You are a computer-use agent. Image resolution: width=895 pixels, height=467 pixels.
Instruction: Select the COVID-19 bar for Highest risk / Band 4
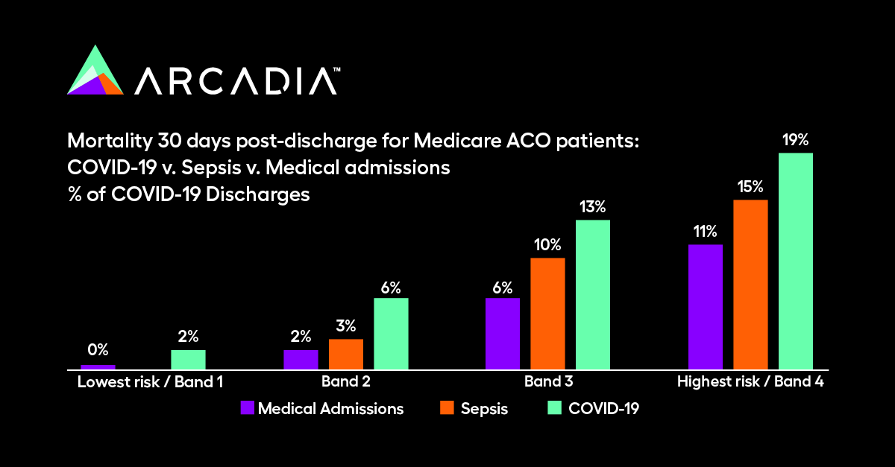(x=795, y=261)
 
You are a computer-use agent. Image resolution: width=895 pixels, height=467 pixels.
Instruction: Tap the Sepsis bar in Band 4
(x=750, y=284)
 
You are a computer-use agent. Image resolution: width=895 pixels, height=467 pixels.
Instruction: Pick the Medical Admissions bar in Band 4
(x=705, y=306)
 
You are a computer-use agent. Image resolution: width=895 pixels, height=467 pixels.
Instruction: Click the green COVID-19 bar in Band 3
(x=592, y=294)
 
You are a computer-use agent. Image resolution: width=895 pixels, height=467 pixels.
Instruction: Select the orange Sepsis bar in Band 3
(x=547, y=313)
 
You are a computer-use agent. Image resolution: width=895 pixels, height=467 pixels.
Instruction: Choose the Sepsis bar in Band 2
(x=346, y=354)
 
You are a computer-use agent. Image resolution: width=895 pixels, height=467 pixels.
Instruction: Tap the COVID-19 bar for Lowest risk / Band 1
(x=188, y=359)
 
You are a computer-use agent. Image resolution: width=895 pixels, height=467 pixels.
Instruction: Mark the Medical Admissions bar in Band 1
(x=98, y=366)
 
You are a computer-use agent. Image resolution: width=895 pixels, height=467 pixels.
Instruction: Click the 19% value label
(x=795, y=139)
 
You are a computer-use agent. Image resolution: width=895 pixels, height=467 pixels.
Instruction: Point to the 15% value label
(x=750, y=185)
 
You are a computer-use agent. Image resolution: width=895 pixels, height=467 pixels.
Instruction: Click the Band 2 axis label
(x=345, y=382)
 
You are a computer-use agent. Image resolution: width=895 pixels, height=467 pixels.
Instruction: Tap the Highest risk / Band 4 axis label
(x=750, y=382)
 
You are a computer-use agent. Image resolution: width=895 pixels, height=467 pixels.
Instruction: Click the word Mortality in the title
(x=101, y=141)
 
